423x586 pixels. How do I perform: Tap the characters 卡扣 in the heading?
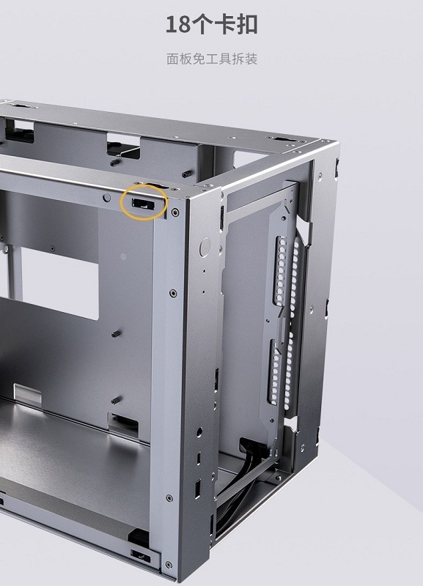(x=235, y=25)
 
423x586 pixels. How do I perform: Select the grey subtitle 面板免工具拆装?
(x=212, y=59)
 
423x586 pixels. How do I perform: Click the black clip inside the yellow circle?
(x=142, y=204)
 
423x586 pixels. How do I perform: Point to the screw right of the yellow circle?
(x=174, y=212)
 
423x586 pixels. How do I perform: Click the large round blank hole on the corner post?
(x=205, y=247)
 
